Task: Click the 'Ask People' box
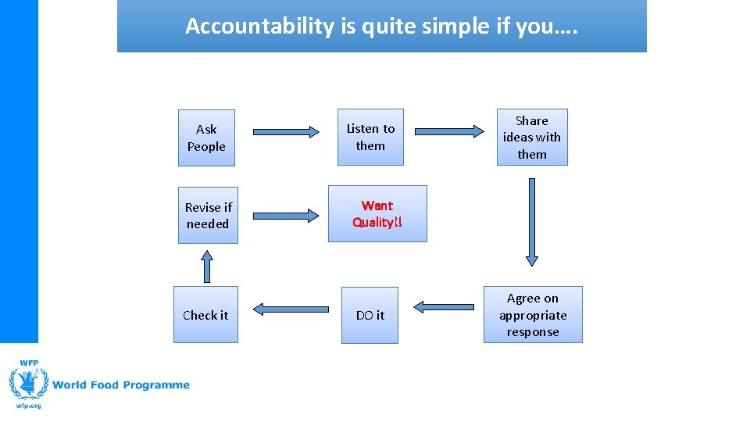point(206,138)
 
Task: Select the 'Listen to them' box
point(370,137)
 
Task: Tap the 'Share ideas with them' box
point(532,137)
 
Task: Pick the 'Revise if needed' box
point(208,215)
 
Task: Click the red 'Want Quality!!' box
point(377,213)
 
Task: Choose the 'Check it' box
point(205,315)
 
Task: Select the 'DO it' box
point(370,315)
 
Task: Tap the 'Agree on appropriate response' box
point(533,314)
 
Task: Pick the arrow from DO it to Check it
point(291,309)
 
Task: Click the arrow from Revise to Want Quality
point(287,213)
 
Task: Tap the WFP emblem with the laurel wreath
point(28,383)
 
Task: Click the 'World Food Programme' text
point(123,384)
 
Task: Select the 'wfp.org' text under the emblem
point(28,406)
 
